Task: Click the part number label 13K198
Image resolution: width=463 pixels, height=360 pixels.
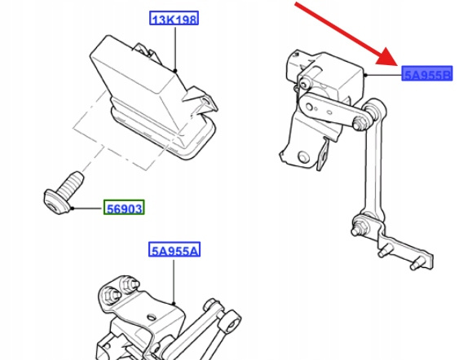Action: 174,18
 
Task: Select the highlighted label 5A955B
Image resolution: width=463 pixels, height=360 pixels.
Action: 427,73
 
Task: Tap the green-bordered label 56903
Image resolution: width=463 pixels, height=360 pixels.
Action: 124,207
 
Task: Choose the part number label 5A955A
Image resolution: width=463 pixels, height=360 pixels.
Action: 174,250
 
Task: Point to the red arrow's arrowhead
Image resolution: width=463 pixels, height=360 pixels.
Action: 388,58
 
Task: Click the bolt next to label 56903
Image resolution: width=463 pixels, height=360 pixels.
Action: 64,193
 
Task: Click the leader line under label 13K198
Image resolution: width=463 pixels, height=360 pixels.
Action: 175,48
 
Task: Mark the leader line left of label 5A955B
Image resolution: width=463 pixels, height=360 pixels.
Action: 384,75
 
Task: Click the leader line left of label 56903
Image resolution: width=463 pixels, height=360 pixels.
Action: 88,209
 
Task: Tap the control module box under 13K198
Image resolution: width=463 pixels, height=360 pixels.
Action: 153,98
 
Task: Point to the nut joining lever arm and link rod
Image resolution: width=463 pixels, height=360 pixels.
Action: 359,123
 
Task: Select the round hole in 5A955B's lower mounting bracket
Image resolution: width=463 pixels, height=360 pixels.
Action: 302,156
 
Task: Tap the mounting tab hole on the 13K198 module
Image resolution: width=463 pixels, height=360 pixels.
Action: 206,102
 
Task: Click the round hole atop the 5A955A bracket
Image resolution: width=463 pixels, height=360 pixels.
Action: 152,318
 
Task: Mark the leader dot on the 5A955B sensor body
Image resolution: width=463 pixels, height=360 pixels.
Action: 365,75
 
